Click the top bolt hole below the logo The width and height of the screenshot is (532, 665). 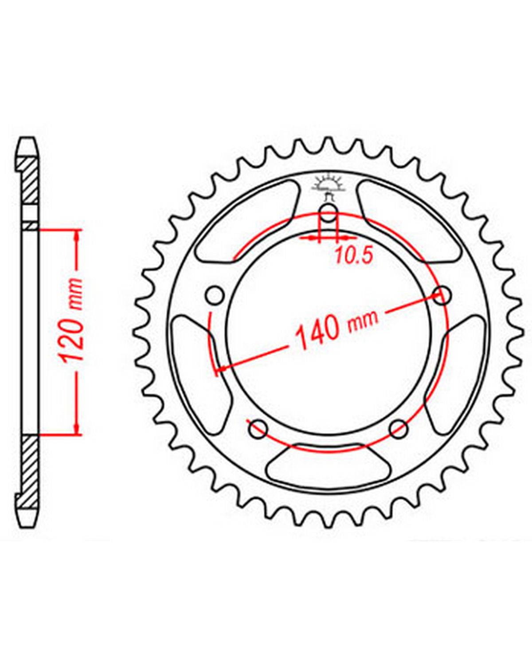[x=328, y=213]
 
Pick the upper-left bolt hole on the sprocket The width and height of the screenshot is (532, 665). [x=215, y=295]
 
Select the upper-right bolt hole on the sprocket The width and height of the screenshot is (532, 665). [x=442, y=295]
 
